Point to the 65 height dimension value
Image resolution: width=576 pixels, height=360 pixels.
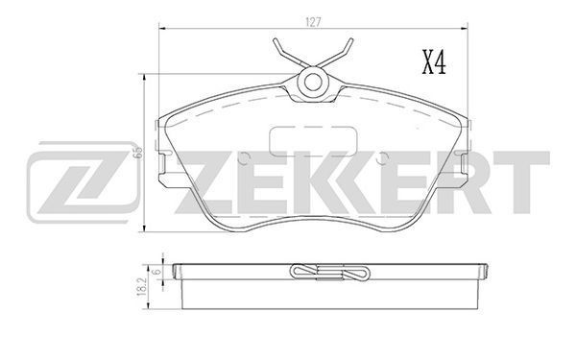[x=138, y=151]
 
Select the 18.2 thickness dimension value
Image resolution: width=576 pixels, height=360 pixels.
[x=143, y=283]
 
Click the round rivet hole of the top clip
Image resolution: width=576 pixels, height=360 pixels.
[x=314, y=84]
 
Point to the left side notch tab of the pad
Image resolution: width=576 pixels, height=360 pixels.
[x=165, y=171]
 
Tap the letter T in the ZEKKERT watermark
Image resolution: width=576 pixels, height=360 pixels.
[x=522, y=180]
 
